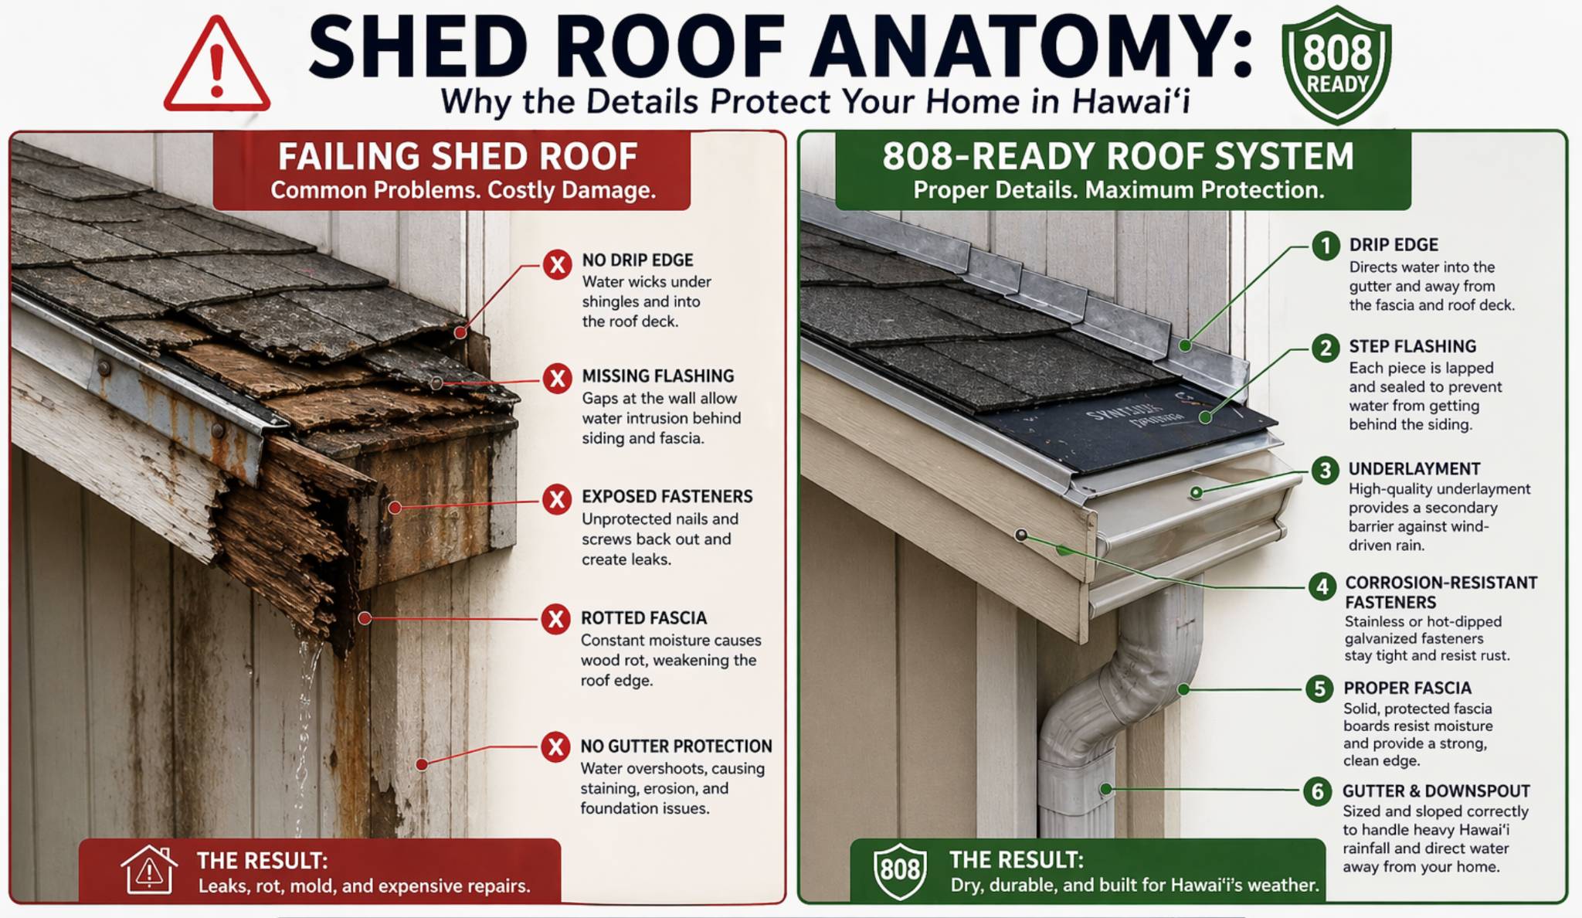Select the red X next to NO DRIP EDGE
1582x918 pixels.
557,265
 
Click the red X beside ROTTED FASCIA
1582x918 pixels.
555,619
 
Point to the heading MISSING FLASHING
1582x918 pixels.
657,376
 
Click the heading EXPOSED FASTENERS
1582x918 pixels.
667,497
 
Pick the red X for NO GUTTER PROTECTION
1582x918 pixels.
555,747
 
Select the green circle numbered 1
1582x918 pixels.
1326,246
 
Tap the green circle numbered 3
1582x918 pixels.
1325,470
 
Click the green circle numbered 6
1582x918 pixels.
1317,791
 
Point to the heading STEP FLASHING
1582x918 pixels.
1412,347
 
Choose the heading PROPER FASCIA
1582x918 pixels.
1407,688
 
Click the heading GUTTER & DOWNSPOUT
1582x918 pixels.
1435,791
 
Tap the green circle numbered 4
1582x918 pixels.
1322,586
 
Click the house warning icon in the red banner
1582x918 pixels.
149,870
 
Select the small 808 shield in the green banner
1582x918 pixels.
899,870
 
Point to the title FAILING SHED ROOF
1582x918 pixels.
457,157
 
